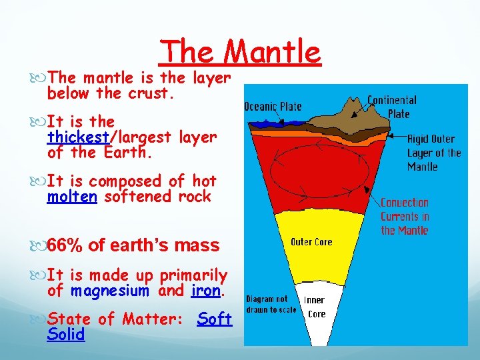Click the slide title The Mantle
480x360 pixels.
241,51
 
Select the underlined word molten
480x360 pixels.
72,197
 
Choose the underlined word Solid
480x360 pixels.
66,335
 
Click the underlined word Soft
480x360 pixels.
215,319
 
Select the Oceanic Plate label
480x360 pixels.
273,106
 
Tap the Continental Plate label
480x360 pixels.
392,107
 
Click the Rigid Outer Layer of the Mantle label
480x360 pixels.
434,153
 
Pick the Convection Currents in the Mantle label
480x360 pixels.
405,216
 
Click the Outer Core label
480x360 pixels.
311,241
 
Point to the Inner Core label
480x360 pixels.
317,307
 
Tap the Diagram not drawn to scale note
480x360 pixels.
271,305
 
